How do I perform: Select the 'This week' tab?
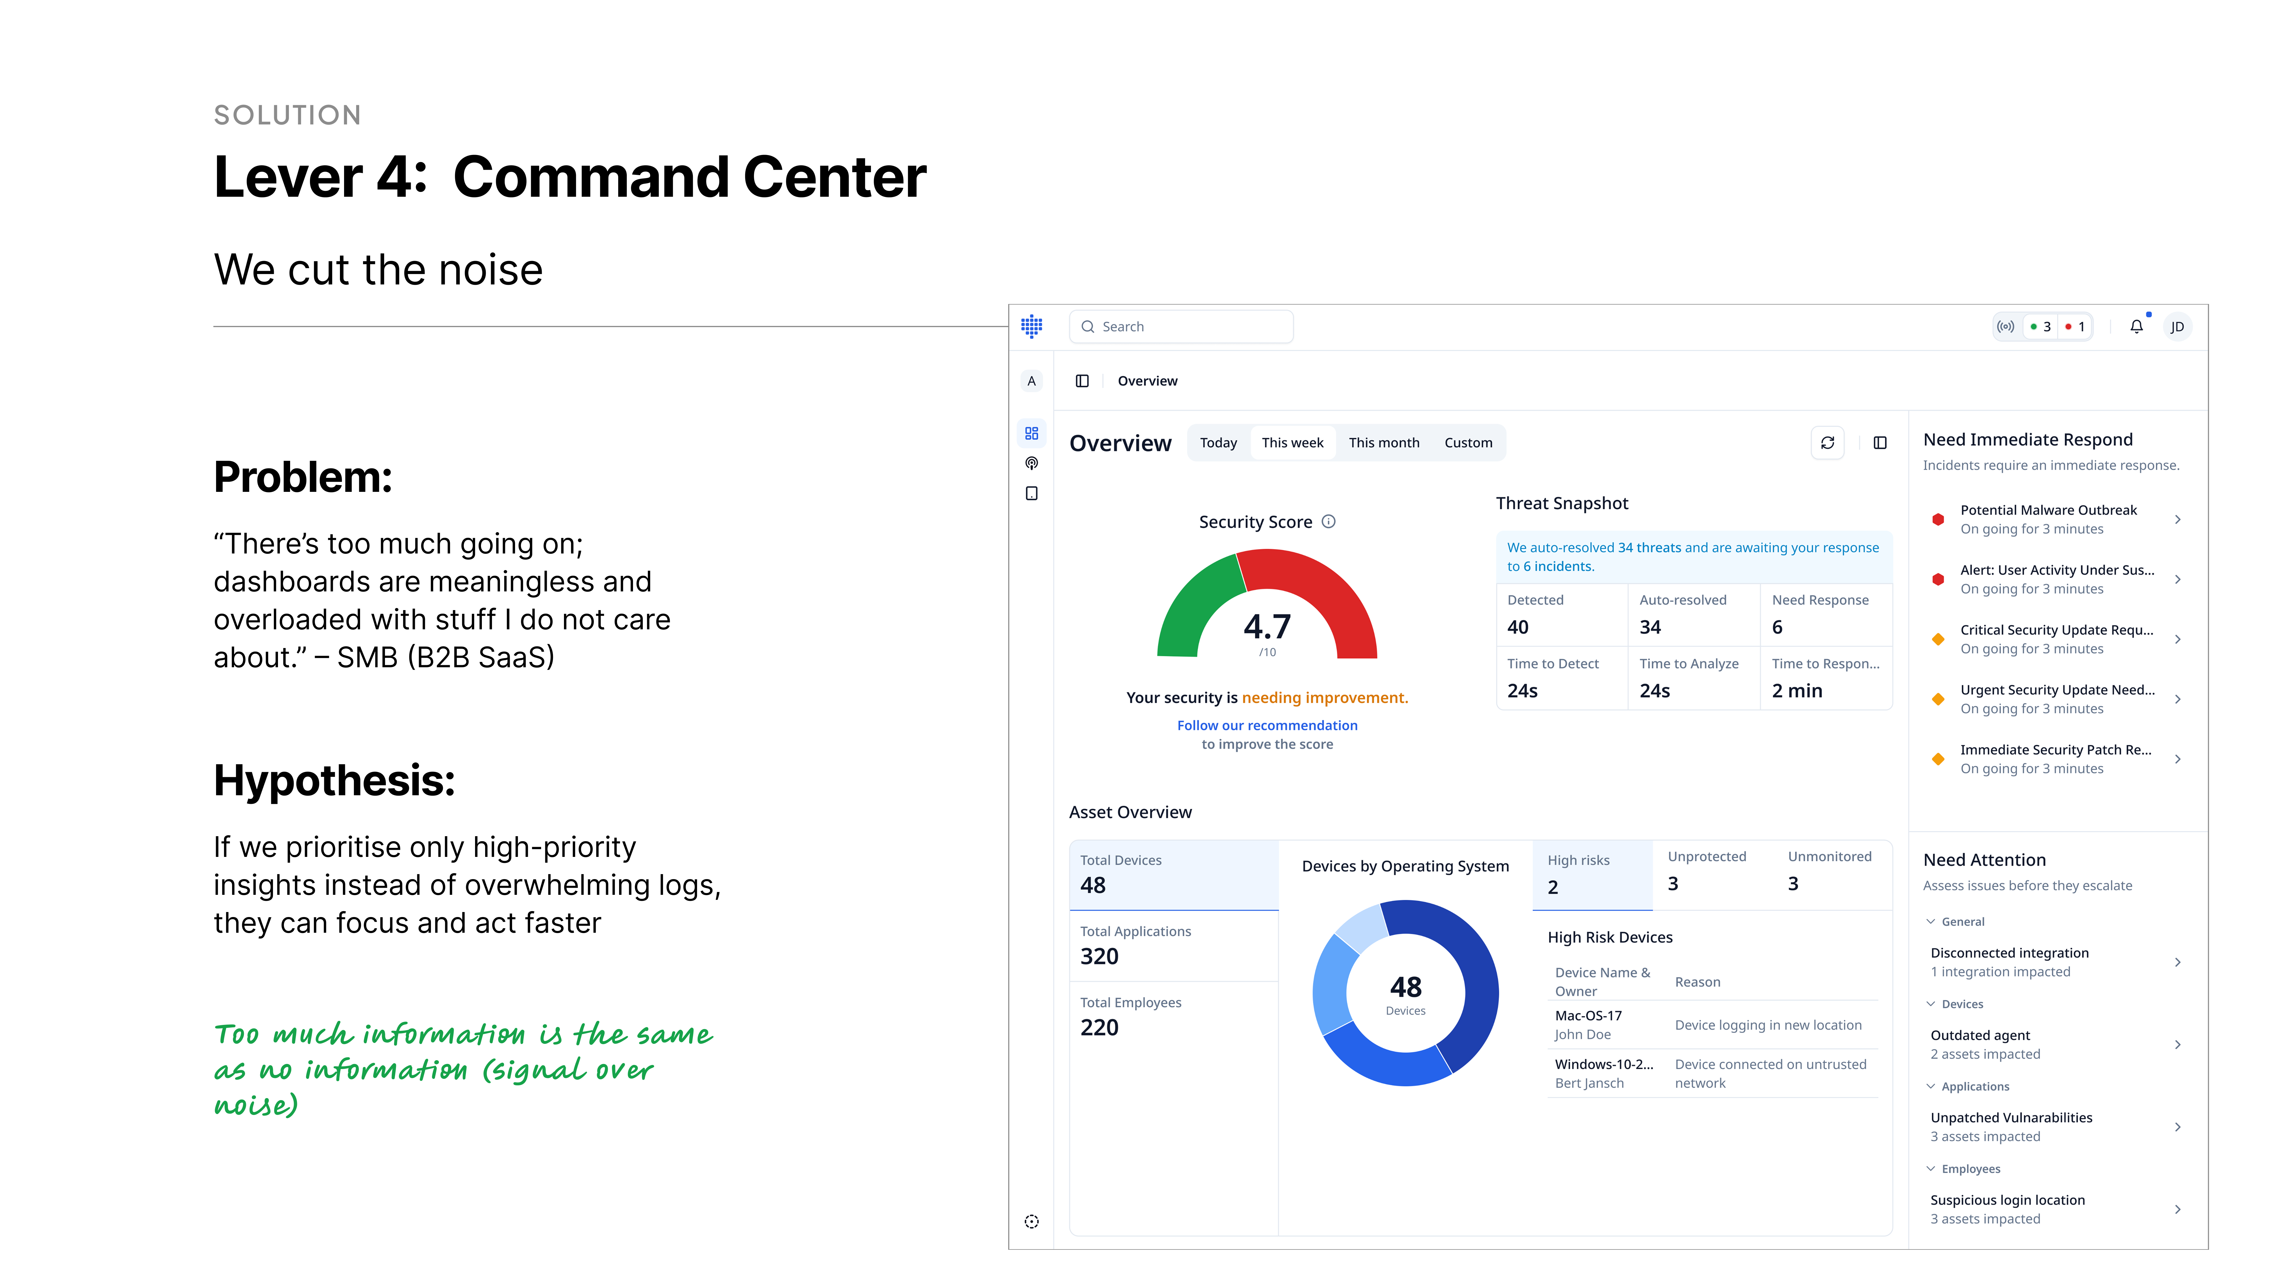[1292, 443]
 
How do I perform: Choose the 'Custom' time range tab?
[1468, 443]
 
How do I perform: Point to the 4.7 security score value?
[1267, 626]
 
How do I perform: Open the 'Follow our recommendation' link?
[1267, 725]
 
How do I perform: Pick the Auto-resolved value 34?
[1650, 627]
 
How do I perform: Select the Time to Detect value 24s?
[1522, 691]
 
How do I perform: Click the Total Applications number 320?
[1099, 957]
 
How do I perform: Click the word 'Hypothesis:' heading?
[334, 781]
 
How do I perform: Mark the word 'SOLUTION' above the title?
[287, 115]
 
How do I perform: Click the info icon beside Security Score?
[1328, 521]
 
